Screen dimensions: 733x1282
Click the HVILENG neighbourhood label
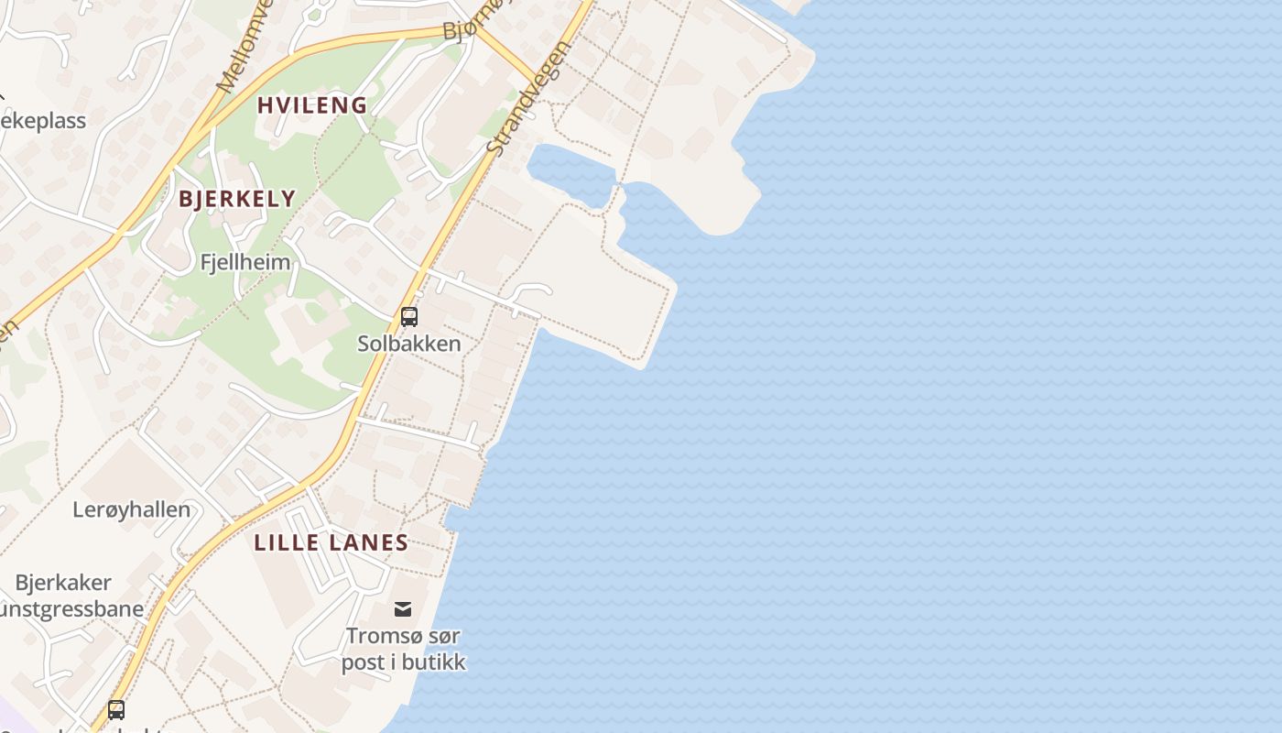click(x=311, y=105)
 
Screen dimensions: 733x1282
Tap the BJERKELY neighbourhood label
click(x=237, y=199)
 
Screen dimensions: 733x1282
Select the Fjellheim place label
click(x=245, y=262)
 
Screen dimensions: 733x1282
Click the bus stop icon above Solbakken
click(x=409, y=317)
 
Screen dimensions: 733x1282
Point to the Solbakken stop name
click(x=409, y=344)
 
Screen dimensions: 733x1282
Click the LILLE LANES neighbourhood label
click(x=331, y=542)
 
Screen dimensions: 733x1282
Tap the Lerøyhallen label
click(x=132, y=509)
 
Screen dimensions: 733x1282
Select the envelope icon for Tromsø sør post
click(x=403, y=609)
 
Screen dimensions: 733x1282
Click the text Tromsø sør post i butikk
click(x=403, y=649)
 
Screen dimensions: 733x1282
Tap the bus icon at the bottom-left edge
click(x=116, y=709)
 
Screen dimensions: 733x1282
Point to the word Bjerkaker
click(x=63, y=583)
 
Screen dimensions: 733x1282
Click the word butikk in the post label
click(x=434, y=662)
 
